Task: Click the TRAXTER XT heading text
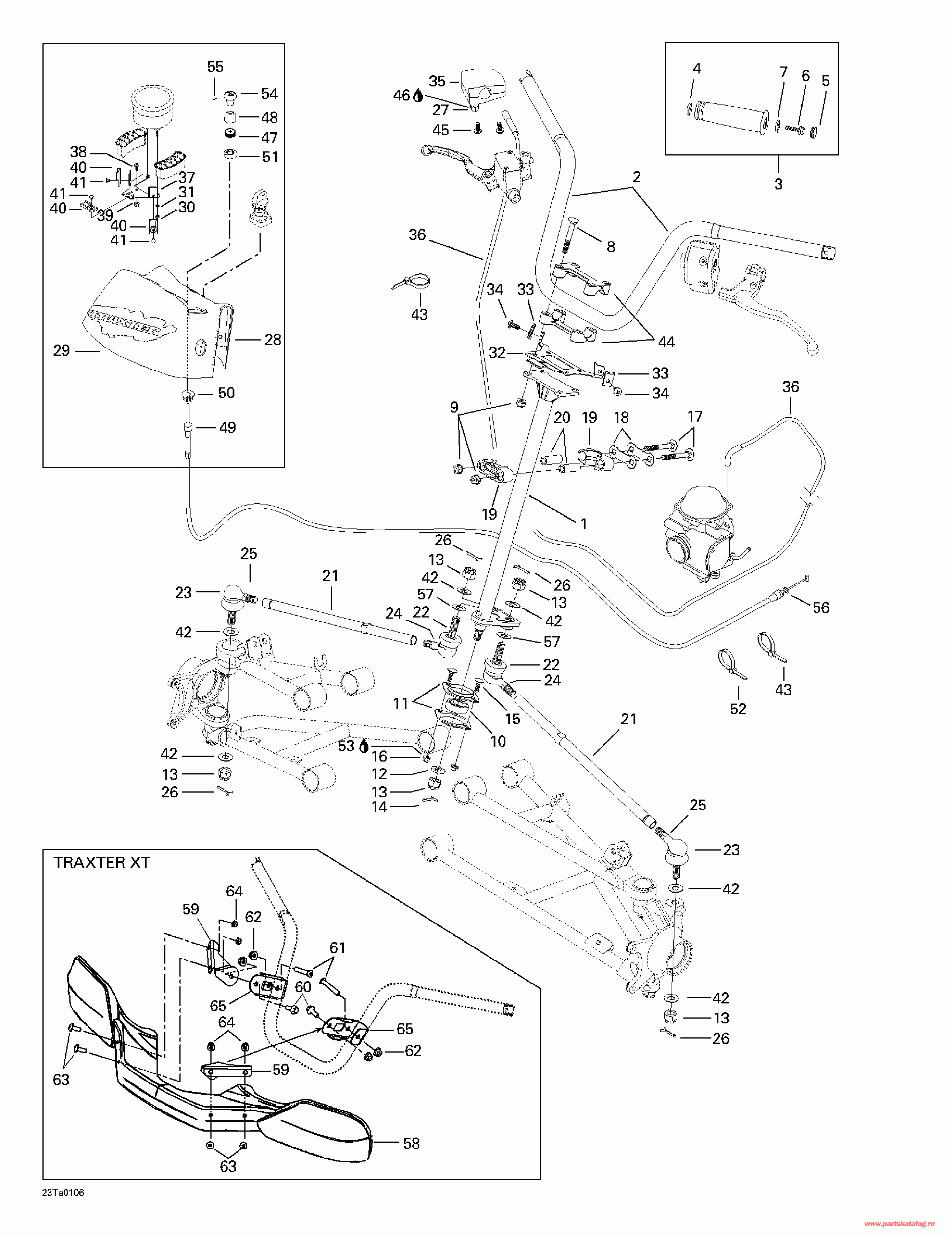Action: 102,862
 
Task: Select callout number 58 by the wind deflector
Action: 412,1143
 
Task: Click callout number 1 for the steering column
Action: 584,524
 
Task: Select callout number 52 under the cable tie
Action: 738,709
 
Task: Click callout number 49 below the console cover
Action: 227,428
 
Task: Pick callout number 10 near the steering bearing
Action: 498,741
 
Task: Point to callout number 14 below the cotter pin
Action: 380,807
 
